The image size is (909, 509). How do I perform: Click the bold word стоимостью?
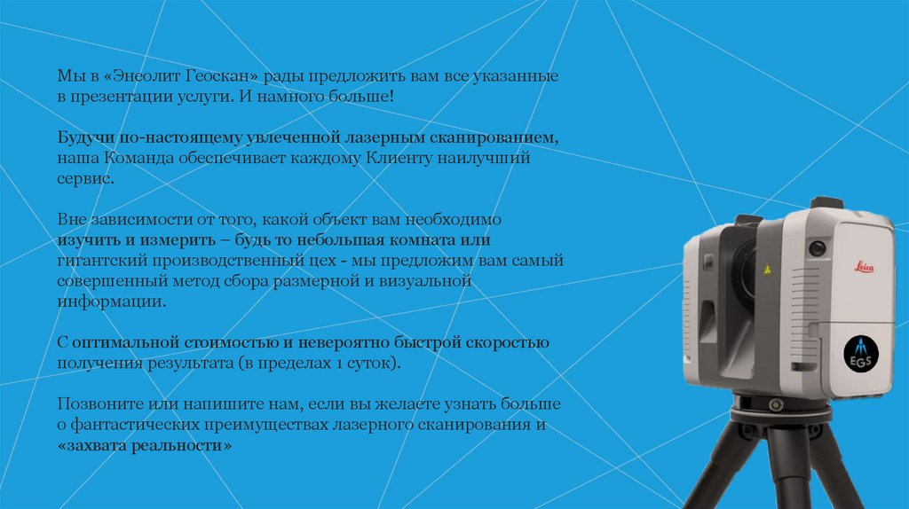pyautogui.click(x=230, y=344)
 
